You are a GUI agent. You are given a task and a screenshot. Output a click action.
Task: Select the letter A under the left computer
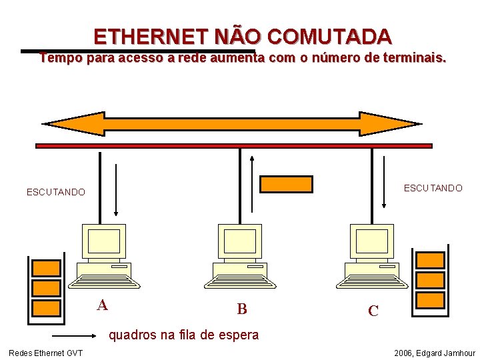[102, 305]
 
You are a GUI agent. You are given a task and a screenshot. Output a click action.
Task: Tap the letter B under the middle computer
[242, 309]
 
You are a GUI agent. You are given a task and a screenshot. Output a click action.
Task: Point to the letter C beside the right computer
[373, 311]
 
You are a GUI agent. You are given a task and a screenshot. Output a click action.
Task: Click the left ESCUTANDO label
[56, 192]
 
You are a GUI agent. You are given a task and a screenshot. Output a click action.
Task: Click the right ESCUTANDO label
[433, 188]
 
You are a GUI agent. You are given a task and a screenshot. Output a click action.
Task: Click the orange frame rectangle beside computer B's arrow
[286, 184]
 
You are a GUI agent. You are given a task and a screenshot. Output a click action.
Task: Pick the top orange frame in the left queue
[47, 267]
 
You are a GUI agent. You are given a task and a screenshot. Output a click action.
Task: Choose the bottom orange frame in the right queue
[430, 299]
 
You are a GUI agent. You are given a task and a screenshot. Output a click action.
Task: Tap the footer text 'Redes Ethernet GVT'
[45, 353]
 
